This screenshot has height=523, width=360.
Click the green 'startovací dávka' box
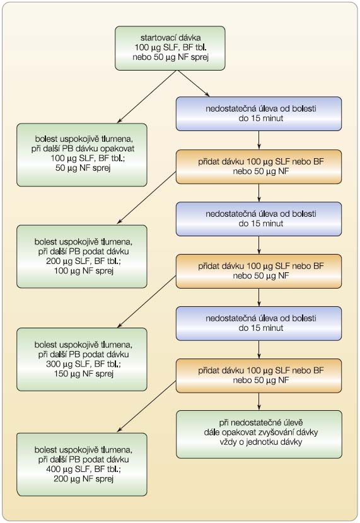click(x=170, y=49)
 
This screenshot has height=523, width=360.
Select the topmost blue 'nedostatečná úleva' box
click(x=259, y=114)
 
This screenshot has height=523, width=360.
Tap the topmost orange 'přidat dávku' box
click(x=259, y=167)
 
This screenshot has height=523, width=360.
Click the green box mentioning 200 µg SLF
click(x=82, y=256)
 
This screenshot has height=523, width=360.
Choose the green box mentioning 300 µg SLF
click(x=82, y=359)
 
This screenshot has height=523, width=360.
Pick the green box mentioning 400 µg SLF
click(x=82, y=464)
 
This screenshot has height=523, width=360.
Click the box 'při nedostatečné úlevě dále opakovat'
click(x=259, y=434)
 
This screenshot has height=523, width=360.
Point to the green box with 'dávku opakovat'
click(x=82, y=155)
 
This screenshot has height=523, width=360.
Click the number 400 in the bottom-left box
click(x=53, y=469)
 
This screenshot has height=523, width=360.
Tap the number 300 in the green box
click(x=53, y=364)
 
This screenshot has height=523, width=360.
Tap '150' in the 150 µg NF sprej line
click(x=61, y=374)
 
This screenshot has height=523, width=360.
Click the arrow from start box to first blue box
click(x=193, y=84)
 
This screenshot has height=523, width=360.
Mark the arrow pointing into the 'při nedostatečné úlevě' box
click(x=259, y=401)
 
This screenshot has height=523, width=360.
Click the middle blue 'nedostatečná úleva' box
click(x=259, y=219)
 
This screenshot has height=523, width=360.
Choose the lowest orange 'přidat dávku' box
click(x=259, y=376)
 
